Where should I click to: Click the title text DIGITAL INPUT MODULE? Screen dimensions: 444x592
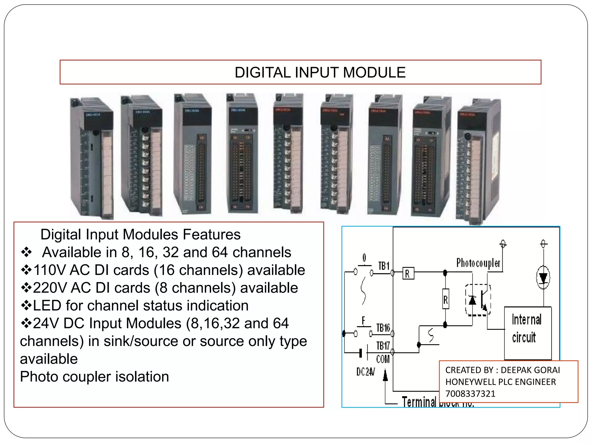[x=320, y=72]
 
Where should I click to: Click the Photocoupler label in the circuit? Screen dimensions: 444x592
[x=478, y=263]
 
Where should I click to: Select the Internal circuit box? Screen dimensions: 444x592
[x=528, y=332]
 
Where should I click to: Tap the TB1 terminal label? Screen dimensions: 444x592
[x=384, y=266]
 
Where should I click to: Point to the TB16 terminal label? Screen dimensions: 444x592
[x=383, y=328]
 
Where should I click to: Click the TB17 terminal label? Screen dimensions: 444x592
[x=383, y=346]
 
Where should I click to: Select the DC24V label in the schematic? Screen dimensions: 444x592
[x=365, y=372]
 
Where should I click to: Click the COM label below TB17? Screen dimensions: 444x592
[x=383, y=359]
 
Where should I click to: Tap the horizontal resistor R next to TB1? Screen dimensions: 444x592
[x=408, y=273]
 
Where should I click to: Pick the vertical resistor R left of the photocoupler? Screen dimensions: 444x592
[x=445, y=299]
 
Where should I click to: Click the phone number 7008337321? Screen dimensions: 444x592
[x=470, y=394]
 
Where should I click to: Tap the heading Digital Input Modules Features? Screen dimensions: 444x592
[x=140, y=234]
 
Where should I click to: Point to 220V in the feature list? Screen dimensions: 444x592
[x=50, y=288]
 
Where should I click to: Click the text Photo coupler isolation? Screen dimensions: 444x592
[x=94, y=377]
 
